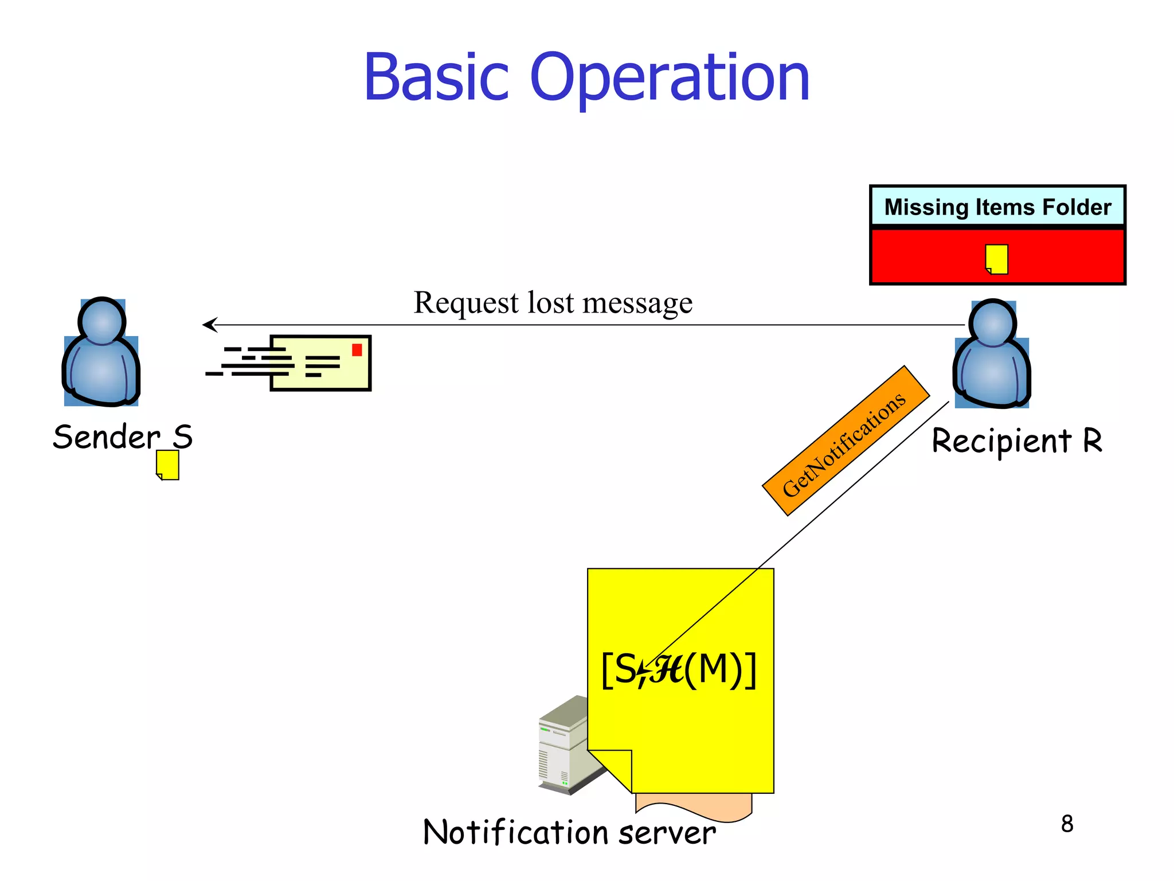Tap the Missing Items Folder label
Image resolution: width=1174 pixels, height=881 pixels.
[997, 207]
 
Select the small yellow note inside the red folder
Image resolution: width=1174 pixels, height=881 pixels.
[997, 259]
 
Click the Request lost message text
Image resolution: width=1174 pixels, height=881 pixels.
[553, 302]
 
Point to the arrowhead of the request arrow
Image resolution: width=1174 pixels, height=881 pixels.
[208, 325]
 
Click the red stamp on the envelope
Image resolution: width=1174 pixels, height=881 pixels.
[357, 350]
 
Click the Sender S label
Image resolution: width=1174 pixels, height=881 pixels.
[123, 437]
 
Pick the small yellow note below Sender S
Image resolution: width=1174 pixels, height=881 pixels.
[168, 465]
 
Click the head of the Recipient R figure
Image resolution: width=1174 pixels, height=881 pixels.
[992, 323]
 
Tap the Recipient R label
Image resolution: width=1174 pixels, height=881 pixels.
[1016, 441]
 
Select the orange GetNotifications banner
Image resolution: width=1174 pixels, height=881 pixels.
[846, 440]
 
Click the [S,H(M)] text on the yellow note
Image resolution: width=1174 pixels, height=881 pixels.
[679, 669]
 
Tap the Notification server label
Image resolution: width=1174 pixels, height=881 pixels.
[569, 832]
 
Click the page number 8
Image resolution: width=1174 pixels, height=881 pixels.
[1067, 824]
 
